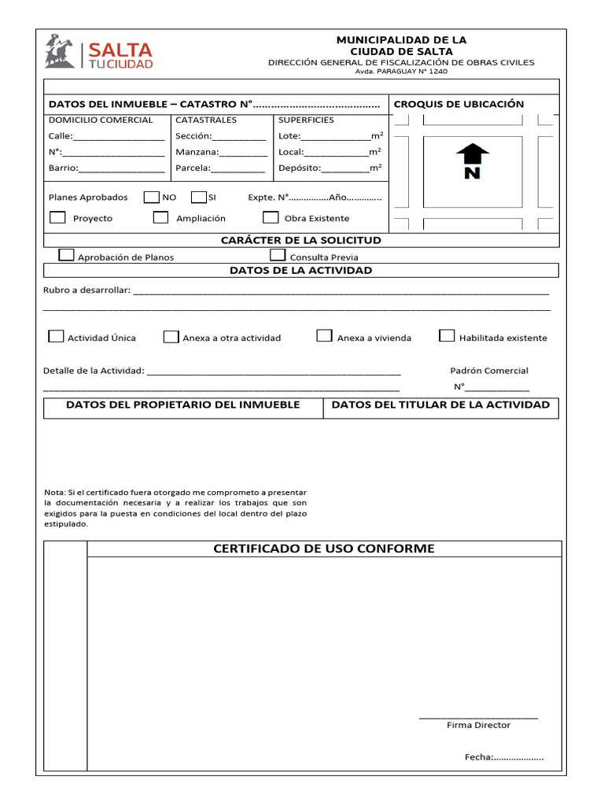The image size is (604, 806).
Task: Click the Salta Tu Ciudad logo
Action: coord(98,52)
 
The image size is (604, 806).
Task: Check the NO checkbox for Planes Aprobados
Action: coord(152,197)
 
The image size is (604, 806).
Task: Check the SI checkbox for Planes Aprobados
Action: coord(198,197)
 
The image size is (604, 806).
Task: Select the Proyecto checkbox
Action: coord(57,217)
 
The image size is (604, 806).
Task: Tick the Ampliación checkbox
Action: coord(160,217)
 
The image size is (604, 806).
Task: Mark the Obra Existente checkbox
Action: coord(271,217)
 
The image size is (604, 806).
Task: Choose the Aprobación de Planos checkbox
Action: coord(67,255)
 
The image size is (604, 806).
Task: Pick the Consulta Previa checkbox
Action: coord(278,255)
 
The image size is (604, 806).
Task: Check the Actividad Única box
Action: coord(56,336)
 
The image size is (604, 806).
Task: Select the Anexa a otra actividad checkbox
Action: coord(171,336)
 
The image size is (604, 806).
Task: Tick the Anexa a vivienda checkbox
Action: coord(324,336)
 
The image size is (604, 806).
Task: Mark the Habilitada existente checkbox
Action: coord(447,336)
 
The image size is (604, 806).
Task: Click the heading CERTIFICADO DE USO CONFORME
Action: coord(324,549)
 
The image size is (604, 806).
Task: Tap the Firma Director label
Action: coord(478,725)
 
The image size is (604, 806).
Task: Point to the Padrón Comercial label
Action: coord(489,370)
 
